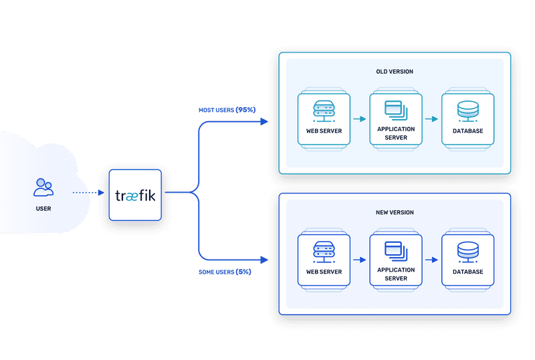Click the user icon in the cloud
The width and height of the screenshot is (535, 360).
point(43,187)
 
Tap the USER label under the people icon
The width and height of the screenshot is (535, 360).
point(43,208)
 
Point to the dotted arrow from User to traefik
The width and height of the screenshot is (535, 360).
point(88,193)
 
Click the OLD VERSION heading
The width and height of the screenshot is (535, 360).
point(395,72)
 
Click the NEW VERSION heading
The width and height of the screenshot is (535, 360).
point(395,212)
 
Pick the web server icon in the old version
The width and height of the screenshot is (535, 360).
point(324,110)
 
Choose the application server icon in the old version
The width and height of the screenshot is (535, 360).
point(396,108)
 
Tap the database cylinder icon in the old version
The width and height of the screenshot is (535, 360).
point(468,110)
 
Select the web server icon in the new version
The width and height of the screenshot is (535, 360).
point(324,251)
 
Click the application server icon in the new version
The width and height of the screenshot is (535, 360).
point(396,250)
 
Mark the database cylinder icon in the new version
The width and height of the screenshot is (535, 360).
point(468,251)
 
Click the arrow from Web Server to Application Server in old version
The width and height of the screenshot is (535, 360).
point(359,119)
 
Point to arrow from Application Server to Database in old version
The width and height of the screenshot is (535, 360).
point(431,119)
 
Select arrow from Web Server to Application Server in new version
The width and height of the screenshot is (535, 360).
point(359,260)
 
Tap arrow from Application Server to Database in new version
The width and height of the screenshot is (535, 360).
point(431,260)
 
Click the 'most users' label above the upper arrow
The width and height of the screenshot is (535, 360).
point(227,109)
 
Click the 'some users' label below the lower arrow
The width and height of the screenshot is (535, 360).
point(225,272)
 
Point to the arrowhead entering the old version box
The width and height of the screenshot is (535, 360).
point(263,122)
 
